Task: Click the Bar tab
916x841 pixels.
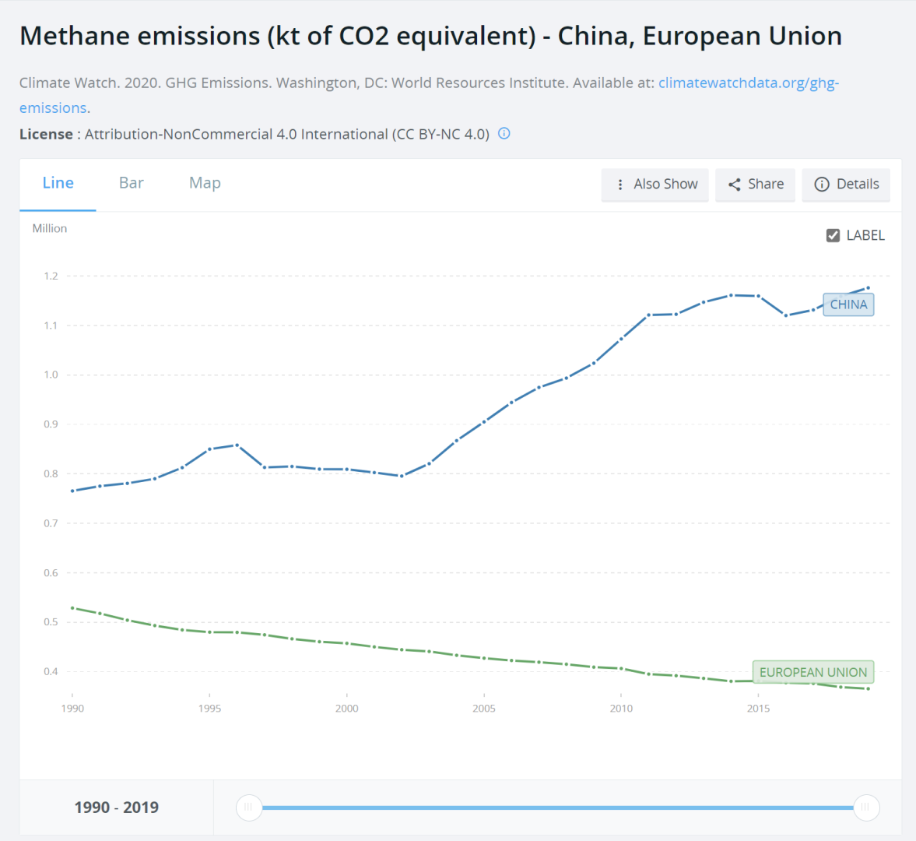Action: (x=131, y=183)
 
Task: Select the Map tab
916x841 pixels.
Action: (x=205, y=183)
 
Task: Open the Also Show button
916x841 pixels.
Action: (x=655, y=185)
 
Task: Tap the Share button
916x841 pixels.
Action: (x=756, y=185)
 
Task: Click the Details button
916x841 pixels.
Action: (x=846, y=185)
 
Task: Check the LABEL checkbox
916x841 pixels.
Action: (x=833, y=235)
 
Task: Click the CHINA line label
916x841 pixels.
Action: (x=848, y=304)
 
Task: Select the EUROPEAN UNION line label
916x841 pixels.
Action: (x=812, y=672)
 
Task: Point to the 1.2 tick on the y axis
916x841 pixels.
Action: (x=51, y=276)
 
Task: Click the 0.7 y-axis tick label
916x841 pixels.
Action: (x=51, y=523)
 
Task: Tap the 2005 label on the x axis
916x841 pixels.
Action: (x=484, y=709)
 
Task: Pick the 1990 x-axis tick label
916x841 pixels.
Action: (x=72, y=709)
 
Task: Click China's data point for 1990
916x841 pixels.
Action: (x=72, y=491)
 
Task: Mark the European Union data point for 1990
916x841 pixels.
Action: (x=72, y=607)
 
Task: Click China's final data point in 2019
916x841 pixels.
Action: (x=868, y=288)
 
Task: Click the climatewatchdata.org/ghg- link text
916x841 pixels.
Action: (x=749, y=83)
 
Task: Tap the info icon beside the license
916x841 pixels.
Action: (x=504, y=133)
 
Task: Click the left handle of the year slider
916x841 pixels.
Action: (x=248, y=808)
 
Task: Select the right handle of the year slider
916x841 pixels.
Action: (x=866, y=808)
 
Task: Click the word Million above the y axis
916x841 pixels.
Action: (x=50, y=228)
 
